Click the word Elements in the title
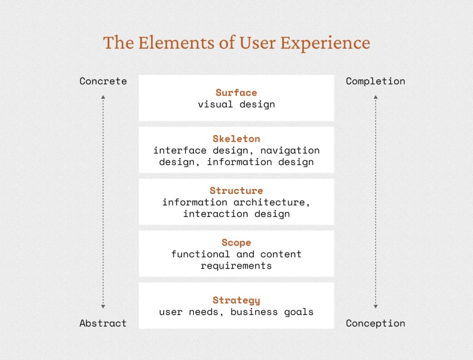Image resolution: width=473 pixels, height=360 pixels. pyautogui.click(x=176, y=42)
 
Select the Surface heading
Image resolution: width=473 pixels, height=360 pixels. pyautogui.click(x=236, y=93)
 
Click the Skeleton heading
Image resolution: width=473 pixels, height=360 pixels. pyautogui.click(x=236, y=139)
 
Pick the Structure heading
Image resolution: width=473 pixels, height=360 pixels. pyautogui.click(x=236, y=191)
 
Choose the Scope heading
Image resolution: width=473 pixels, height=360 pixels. pyautogui.click(x=236, y=243)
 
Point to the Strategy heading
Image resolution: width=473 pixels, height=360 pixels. pyautogui.click(x=236, y=300)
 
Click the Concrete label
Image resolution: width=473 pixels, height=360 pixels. pyautogui.click(x=103, y=81)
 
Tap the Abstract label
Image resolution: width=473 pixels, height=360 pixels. pyautogui.click(x=103, y=323)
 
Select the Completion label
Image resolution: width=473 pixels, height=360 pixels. pyautogui.click(x=376, y=81)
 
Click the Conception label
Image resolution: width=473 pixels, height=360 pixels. pyautogui.click(x=376, y=323)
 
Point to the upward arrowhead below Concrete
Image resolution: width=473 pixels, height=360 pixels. pyautogui.click(x=103, y=97)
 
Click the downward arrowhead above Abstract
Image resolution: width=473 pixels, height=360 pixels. pyautogui.click(x=103, y=306)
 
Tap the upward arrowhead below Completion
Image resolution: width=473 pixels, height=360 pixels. pyautogui.click(x=376, y=97)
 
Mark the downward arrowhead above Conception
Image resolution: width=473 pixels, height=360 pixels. pyautogui.click(x=376, y=306)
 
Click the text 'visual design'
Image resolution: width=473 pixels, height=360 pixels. pyautogui.click(x=236, y=105)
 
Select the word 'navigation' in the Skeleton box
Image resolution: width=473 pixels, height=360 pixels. pyautogui.click(x=290, y=150)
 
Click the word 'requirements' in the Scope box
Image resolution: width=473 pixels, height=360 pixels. pyautogui.click(x=236, y=266)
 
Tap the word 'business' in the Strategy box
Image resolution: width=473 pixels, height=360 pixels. pyautogui.click(x=254, y=312)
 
